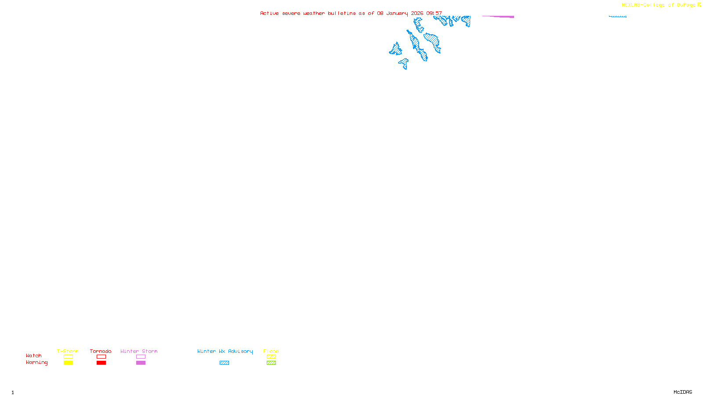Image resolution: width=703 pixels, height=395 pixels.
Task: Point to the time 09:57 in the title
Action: (x=434, y=14)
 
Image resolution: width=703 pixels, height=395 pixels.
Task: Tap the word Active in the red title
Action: (x=269, y=14)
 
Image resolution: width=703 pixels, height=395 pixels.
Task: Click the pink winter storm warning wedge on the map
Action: (x=505, y=17)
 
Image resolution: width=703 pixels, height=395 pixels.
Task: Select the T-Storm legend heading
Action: (x=68, y=351)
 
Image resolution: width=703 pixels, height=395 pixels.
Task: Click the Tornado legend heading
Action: (x=101, y=351)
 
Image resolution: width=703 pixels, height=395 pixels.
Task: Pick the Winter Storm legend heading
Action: (x=139, y=351)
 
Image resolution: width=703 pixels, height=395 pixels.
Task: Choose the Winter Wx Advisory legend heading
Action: (x=225, y=351)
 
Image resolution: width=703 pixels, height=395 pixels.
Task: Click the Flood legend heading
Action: (x=271, y=351)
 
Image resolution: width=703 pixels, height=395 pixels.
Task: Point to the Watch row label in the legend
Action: (x=34, y=355)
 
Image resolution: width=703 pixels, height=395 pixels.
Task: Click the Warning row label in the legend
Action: (x=37, y=363)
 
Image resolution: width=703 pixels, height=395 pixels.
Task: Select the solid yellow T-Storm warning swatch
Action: (x=68, y=363)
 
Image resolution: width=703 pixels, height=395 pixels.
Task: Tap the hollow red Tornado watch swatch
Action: (x=101, y=357)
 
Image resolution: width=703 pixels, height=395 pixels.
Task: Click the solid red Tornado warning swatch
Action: (x=101, y=363)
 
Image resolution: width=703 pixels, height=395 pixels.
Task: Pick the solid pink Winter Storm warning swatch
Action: (x=141, y=363)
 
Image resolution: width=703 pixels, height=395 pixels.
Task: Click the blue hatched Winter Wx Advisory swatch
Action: (x=224, y=363)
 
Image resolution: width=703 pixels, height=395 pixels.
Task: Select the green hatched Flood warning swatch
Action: (x=271, y=363)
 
